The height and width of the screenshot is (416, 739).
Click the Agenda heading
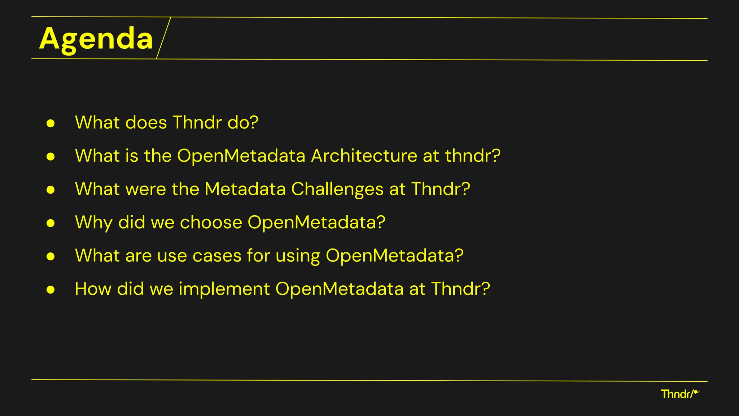[96, 39]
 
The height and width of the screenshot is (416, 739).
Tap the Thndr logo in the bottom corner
[679, 394]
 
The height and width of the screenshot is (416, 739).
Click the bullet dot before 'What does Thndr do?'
[51, 123]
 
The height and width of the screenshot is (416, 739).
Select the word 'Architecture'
[364, 156]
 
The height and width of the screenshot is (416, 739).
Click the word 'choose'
[211, 222]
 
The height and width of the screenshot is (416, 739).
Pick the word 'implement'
[224, 289]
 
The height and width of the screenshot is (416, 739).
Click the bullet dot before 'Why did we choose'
[51, 223]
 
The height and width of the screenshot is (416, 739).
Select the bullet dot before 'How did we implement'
[51, 290]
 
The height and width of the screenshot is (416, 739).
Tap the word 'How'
[93, 289]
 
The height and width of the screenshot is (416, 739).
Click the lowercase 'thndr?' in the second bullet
[472, 156]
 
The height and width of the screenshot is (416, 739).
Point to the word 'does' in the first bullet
[146, 123]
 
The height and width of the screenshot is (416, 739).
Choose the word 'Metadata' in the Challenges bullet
[245, 189]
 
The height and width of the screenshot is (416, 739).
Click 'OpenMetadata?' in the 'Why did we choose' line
[316, 222]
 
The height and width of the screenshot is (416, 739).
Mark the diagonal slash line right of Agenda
[163, 38]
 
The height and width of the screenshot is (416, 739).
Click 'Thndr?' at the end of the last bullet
[460, 289]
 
